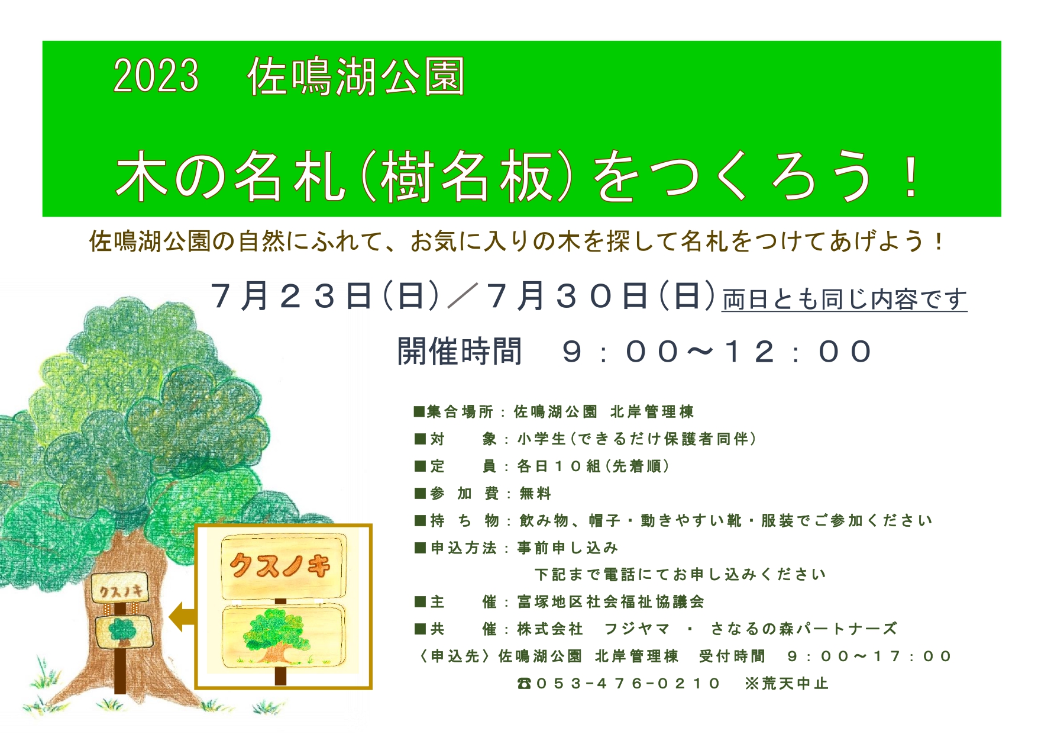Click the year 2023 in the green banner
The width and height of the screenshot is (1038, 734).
point(156,76)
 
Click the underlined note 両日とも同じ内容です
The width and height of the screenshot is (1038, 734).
point(845,300)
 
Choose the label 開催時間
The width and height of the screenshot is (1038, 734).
point(460,352)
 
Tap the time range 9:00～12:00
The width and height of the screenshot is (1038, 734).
point(716,352)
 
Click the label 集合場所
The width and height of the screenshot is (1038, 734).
point(460,411)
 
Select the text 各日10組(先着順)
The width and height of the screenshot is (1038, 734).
point(593,466)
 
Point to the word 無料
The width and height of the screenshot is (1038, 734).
point(535,493)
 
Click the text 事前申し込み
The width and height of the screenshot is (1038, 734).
point(568,548)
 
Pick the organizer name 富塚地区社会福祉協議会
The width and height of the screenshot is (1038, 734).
point(611,602)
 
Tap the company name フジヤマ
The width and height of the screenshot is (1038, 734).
point(637,629)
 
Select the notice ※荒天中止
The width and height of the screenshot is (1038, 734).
point(787,683)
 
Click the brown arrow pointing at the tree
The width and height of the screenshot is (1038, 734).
point(182,617)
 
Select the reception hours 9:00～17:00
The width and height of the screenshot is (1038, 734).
point(869,656)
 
